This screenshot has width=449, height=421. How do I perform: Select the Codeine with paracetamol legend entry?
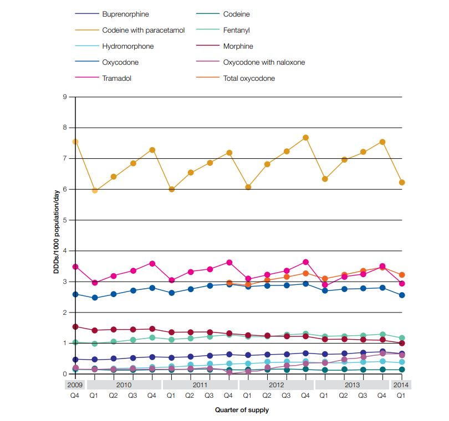[143, 30]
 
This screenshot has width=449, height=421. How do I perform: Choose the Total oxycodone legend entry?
[249, 78]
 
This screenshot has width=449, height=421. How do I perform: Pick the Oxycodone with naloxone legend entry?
[264, 62]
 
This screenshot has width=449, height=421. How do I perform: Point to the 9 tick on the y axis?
[64, 97]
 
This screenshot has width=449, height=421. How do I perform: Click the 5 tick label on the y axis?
[64, 220]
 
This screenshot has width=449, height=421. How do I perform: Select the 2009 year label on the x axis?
[75, 384]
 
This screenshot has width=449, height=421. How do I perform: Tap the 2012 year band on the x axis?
[276, 384]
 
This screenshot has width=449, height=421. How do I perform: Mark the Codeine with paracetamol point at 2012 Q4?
[305, 137]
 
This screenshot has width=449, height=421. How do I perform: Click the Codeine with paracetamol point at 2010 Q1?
[95, 190]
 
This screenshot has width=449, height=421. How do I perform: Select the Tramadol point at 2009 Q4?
[75, 267]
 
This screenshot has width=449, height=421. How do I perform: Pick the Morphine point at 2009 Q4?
[75, 326]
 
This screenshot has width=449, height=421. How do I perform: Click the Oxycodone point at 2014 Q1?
[401, 295]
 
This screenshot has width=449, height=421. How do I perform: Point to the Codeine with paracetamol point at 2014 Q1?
[401, 183]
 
